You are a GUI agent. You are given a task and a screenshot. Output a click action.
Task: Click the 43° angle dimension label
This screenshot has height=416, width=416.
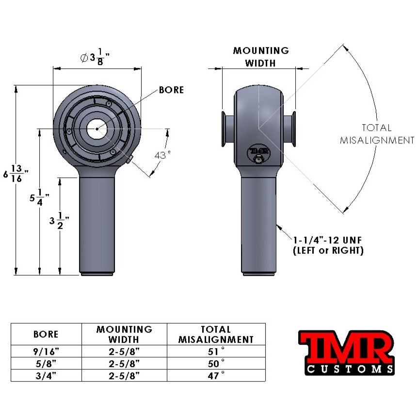[x=162, y=155]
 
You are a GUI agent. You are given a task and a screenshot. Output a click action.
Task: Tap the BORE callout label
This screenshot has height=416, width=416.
[x=171, y=90]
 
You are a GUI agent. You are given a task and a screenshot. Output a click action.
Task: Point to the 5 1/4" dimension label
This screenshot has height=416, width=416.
[x=36, y=199]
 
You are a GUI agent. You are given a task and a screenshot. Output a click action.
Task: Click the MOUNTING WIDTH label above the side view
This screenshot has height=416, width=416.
[x=260, y=57]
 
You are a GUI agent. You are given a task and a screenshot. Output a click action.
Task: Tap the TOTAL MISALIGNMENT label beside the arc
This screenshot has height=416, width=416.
[x=376, y=134]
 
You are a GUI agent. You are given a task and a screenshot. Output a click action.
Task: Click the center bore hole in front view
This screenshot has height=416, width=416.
[x=96, y=128]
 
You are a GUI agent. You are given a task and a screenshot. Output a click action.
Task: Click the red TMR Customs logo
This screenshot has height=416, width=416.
[x=345, y=352]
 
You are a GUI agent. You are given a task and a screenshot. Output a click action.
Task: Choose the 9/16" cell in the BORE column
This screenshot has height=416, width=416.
[x=46, y=351]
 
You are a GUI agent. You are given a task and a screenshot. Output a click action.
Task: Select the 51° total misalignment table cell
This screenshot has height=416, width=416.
[x=216, y=351]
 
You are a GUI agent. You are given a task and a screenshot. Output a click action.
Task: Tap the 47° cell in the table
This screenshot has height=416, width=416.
[x=216, y=375]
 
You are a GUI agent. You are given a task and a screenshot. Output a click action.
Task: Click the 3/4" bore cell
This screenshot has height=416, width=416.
[x=46, y=375]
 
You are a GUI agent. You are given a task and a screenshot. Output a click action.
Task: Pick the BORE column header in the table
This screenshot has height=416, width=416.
[x=46, y=334]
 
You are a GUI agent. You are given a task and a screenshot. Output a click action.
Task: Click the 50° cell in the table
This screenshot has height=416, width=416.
[x=216, y=363]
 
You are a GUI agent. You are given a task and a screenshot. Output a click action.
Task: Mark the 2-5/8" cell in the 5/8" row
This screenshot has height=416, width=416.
[x=124, y=363]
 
